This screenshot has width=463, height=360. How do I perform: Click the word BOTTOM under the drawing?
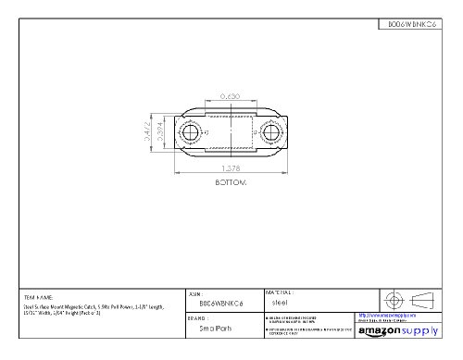pos(231,183)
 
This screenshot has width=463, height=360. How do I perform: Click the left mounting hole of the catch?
pos(191,134)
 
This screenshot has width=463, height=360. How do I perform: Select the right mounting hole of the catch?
pos(274,134)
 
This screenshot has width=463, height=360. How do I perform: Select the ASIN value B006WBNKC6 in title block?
pos(221,302)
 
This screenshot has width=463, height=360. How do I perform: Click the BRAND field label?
pos(197,315)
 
